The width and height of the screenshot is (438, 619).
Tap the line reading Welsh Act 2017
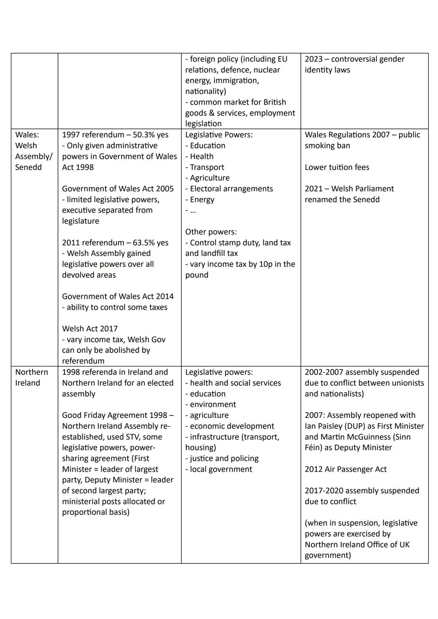(90, 329)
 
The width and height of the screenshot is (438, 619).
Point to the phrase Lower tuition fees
(337, 167)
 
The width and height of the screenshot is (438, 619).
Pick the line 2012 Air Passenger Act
(346, 469)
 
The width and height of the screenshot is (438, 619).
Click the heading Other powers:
(211, 232)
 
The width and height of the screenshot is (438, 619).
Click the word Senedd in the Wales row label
(28, 167)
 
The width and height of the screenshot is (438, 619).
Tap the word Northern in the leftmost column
(32, 372)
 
